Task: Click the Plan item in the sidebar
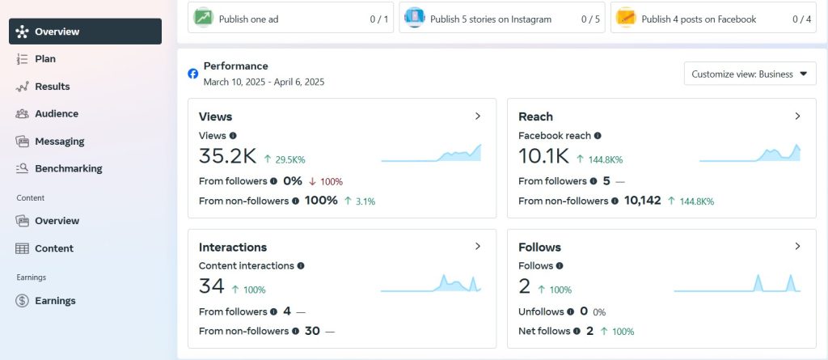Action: (45, 59)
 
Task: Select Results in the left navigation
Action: (52, 87)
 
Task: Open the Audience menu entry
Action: (56, 113)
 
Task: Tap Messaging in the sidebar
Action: (59, 141)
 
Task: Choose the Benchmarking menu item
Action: (68, 168)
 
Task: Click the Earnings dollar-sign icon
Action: (22, 301)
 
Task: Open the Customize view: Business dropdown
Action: (750, 74)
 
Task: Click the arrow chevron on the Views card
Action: (478, 116)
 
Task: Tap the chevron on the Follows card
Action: (797, 247)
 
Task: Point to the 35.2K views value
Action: (227, 156)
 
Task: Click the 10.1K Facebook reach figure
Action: (544, 156)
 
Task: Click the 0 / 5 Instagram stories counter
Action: (590, 19)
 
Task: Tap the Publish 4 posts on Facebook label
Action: (699, 19)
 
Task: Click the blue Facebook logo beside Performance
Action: (193, 74)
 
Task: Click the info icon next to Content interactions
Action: (301, 266)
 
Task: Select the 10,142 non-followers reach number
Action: (643, 201)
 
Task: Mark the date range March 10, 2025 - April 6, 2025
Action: (264, 83)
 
